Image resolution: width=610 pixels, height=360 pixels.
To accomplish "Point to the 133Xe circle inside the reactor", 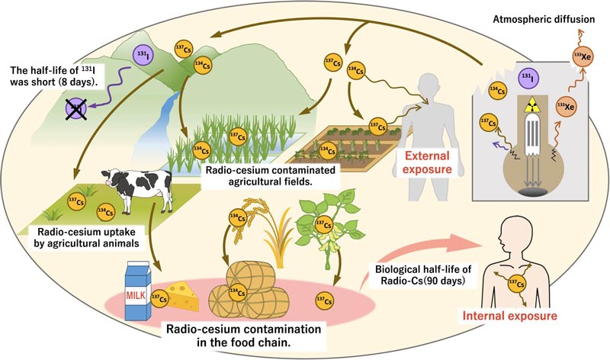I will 565,109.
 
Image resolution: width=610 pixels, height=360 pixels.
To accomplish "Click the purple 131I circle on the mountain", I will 143,56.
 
